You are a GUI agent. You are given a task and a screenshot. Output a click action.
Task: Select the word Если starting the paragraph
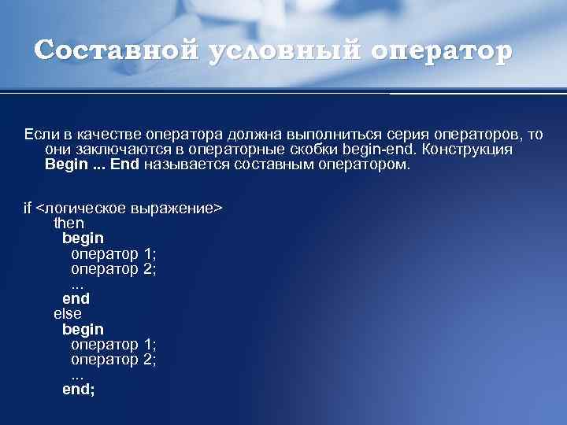[38, 135]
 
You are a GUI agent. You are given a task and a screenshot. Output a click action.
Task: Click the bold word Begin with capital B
[65, 164]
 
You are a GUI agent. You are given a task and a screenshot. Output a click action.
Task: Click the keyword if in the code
[28, 209]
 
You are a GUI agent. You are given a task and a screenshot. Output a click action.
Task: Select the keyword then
[69, 224]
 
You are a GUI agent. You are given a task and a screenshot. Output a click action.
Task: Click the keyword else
[68, 313]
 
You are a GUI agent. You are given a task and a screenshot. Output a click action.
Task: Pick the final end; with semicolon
[79, 388]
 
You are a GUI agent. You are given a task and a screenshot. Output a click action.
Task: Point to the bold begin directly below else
[83, 328]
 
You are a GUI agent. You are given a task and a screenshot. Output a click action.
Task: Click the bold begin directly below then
[83, 238]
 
